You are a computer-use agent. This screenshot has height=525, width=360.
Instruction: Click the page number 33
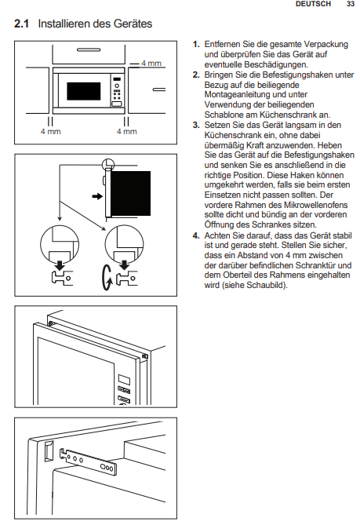click(x=351, y=4)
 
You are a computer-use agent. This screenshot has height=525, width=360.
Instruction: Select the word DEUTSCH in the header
click(x=313, y=4)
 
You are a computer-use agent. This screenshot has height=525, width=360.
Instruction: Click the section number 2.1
click(x=21, y=24)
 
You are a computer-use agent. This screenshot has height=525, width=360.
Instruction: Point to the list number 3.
click(x=196, y=126)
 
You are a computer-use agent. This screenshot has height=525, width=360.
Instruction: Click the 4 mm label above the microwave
click(x=151, y=63)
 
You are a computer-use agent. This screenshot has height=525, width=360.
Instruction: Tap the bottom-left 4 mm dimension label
click(x=50, y=132)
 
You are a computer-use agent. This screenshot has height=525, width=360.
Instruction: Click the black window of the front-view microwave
click(x=84, y=91)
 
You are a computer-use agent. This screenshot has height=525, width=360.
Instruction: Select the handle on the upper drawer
click(x=89, y=50)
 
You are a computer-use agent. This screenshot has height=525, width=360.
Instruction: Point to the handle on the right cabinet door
click(x=159, y=89)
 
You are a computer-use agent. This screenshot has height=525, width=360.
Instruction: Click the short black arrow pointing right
click(x=97, y=196)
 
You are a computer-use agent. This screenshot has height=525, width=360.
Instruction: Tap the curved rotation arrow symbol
click(x=107, y=278)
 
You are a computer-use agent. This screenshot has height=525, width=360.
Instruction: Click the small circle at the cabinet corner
click(x=107, y=164)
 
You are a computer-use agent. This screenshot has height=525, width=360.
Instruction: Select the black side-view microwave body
click(x=130, y=193)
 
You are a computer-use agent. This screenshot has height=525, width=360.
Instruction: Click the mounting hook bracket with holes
click(x=89, y=461)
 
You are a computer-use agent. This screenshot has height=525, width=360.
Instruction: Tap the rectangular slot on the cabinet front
click(x=49, y=450)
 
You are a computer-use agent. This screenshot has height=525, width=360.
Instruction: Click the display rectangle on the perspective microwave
click(x=124, y=380)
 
